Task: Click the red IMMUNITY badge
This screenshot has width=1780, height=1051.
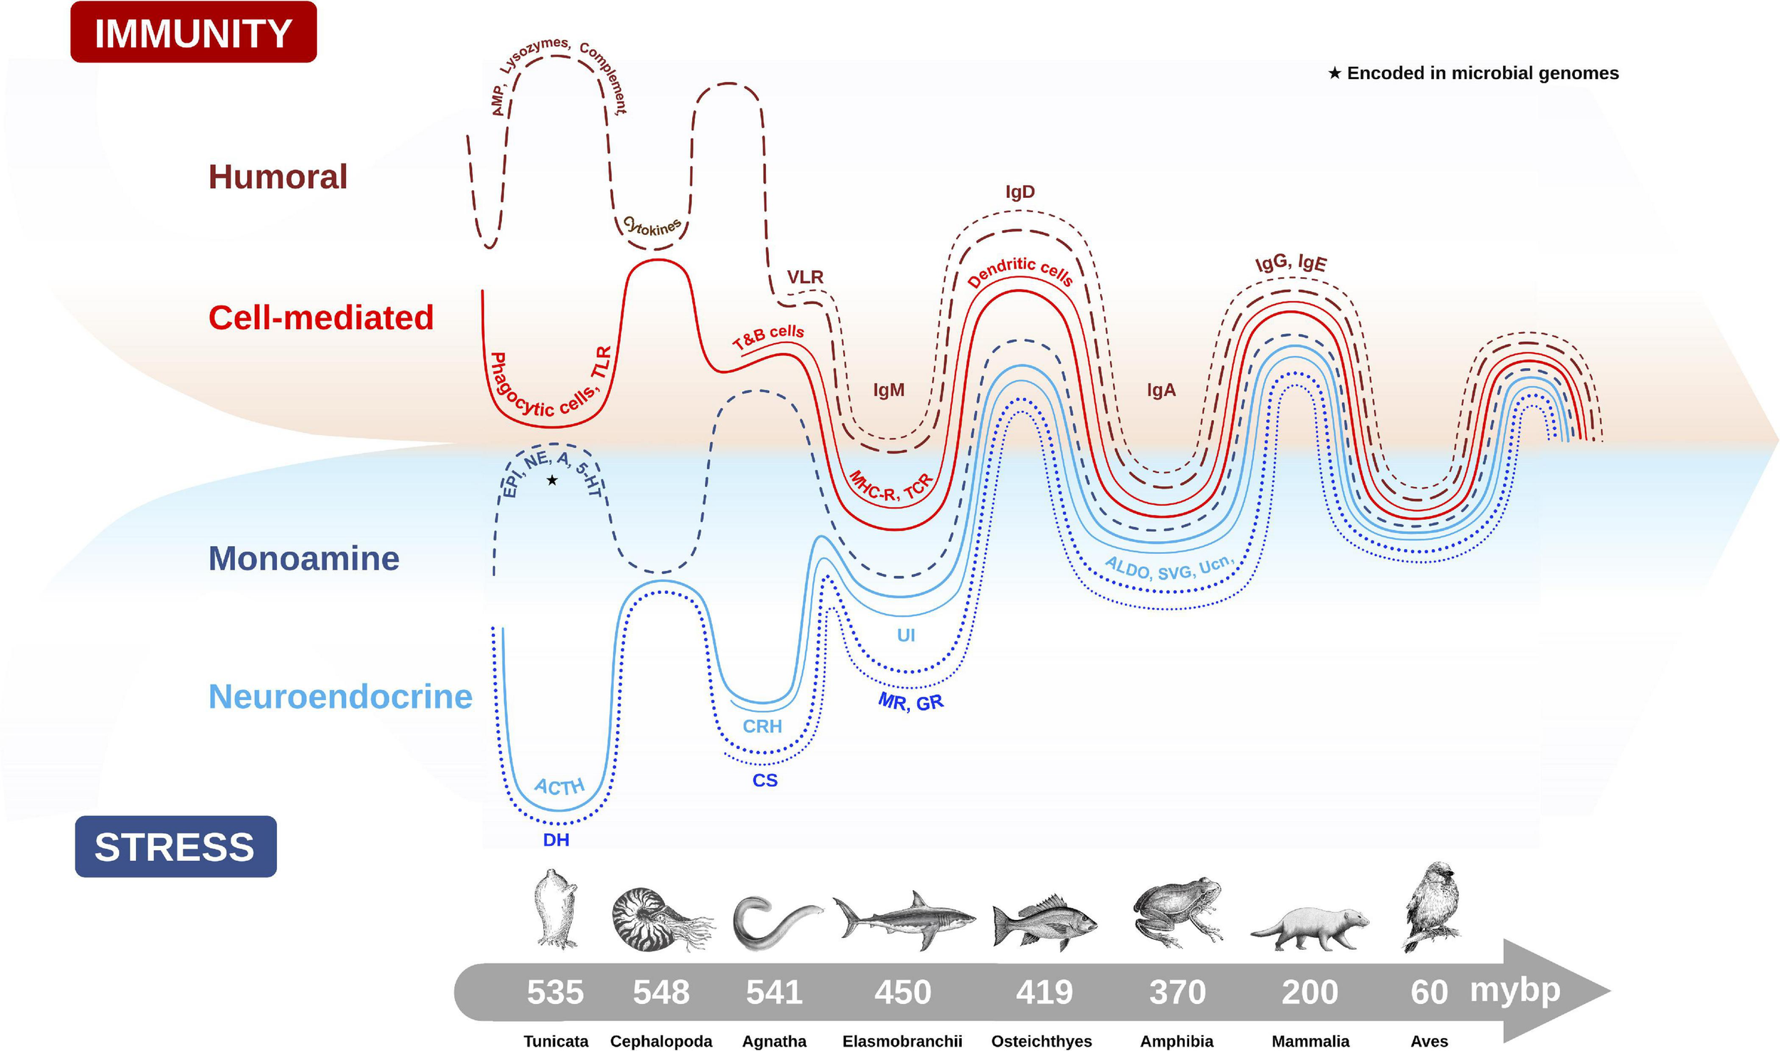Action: [193, 33]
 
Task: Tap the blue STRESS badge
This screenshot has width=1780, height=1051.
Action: [175, 847]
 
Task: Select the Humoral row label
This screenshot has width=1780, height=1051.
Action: [278, 177]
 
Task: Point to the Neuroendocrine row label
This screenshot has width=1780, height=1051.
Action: [340, 696]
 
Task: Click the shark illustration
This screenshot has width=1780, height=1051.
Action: [903, 919]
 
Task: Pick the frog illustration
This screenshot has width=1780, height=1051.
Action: [1177, 911]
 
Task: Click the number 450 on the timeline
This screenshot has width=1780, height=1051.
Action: [902, 992]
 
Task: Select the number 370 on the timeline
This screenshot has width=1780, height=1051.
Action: [1178, 992]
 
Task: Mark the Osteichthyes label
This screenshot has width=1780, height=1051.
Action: [1041, 1041]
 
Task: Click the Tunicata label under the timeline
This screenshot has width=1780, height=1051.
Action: [556, 1041]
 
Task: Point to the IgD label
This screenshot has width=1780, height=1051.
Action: [1020, 192]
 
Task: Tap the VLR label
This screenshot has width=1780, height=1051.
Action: [805, 277]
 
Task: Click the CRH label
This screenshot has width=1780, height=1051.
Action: [762, 726]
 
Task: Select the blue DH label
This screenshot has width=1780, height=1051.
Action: [556, 840]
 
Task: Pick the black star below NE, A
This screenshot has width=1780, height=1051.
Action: [552, 481]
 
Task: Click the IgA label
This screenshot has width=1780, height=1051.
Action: [1161, 390]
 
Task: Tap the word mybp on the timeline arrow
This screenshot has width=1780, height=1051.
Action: [1514, 990]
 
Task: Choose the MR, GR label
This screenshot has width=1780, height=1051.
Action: [911, 703]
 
